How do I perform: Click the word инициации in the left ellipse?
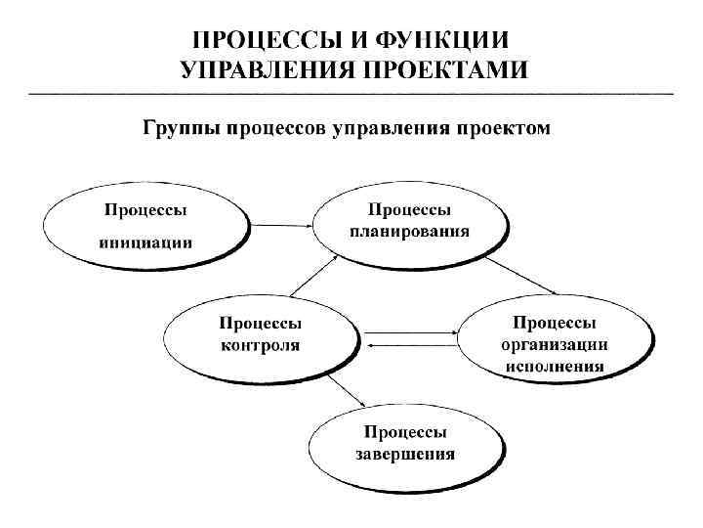click(x=145, y=242)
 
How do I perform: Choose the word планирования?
click(x=409, y=232)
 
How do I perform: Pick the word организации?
click(x=555, y=344)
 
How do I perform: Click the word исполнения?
click(x=555, y=367)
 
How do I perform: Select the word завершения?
click(x=405, y=454)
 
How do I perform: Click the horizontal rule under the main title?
click(x=351, y=93)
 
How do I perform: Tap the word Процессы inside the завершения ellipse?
click(x=405, y=431)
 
